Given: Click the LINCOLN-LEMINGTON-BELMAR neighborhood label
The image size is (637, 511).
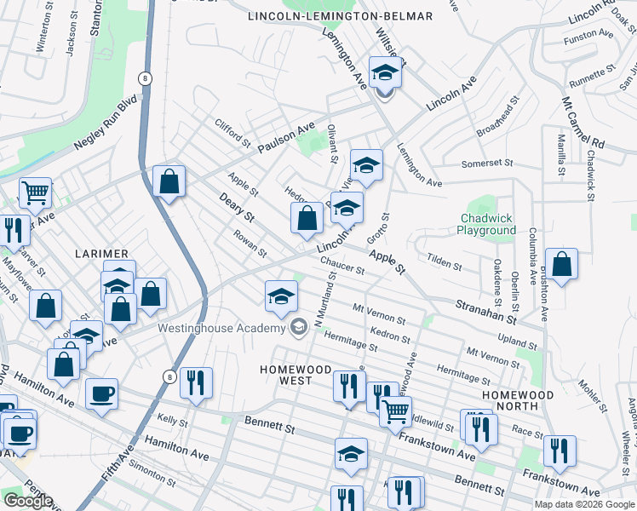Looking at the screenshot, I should click(341, 16).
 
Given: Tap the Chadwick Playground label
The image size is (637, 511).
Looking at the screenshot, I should click(486, 224).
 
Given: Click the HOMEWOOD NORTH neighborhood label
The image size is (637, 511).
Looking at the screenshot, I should click(518, 401).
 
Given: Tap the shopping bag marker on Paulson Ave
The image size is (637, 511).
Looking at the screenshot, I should click(169, 181).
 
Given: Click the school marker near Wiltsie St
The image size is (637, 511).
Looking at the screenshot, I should click(385, 73).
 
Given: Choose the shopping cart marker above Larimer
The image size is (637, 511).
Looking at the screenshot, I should click(35, 193).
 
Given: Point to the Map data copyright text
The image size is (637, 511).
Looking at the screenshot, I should click(582, 504).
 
